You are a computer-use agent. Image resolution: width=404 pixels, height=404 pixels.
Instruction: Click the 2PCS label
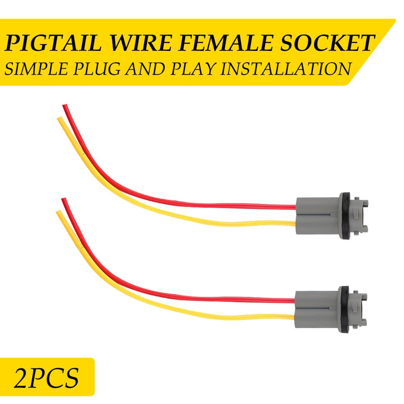[46, 377]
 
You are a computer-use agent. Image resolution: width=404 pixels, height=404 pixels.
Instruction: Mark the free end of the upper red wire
[65, 108]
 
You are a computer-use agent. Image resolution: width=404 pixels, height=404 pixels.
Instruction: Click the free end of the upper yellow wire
[60, 120]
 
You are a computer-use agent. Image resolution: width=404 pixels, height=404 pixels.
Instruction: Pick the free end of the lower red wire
[64, 201]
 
